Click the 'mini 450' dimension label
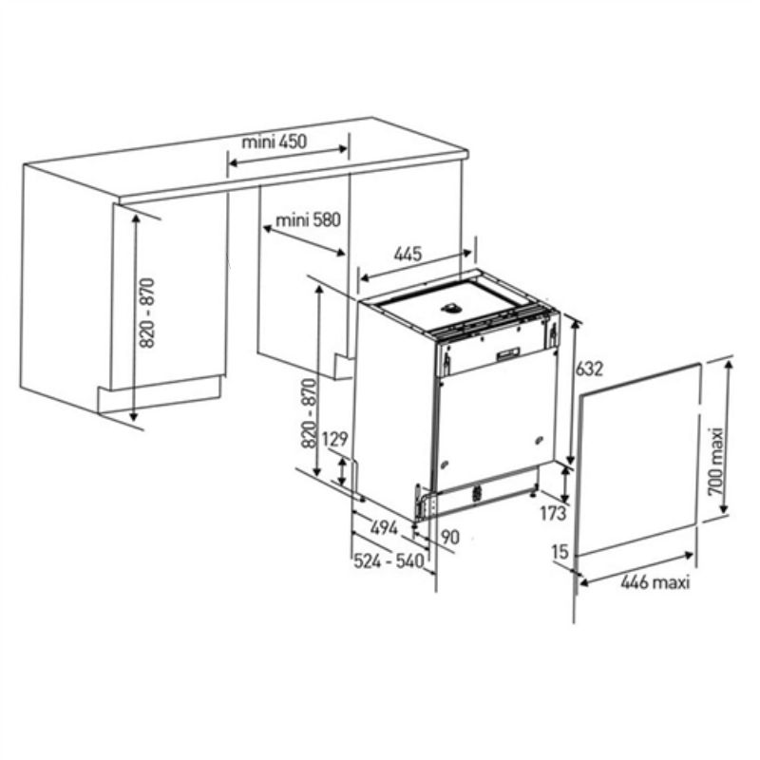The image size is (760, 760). tap(275, 142)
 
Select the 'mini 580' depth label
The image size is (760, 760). tap(308, 220)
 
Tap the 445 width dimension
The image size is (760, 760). tap(408, 254)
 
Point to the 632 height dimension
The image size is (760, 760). tap(589, 369)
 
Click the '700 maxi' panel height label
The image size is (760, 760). tap(715, 462)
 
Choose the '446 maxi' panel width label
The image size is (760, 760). tap(655, 581)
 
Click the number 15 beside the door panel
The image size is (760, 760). tap(560, 551)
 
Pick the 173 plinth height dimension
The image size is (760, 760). tap(553, 513)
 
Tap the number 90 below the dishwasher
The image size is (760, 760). tap(450, 537)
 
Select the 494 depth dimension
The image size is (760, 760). tap(385, 528)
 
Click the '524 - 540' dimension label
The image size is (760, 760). tap(389, 561)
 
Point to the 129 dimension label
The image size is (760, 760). tap(335, 439)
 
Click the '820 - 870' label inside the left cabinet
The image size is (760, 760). tap(147, 313)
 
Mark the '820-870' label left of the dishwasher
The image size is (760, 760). tap(309, 413)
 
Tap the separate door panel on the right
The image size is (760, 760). tap(637, 459)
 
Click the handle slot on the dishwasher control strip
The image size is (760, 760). tap(507, 353)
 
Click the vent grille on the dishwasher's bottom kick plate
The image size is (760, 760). tap(477, 492)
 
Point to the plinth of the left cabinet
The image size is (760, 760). tap(160, 394)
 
